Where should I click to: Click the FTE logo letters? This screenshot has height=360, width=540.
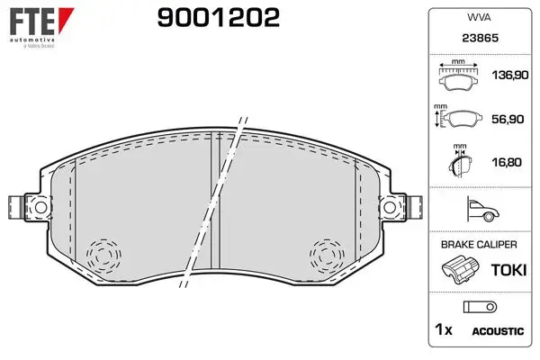point(31,22)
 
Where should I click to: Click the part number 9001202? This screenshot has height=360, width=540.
point(219,18)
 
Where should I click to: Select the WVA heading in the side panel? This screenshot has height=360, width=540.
point(479,17)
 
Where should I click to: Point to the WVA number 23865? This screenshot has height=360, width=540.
point(480,38)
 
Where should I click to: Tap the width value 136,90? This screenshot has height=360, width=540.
point(510,75)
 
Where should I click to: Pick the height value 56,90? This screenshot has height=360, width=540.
point(508,119)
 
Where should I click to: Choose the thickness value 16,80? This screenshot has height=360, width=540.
point(507,162)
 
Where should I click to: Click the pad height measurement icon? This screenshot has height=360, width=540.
point(458,116)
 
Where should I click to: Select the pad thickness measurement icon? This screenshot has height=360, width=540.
point(460,161)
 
